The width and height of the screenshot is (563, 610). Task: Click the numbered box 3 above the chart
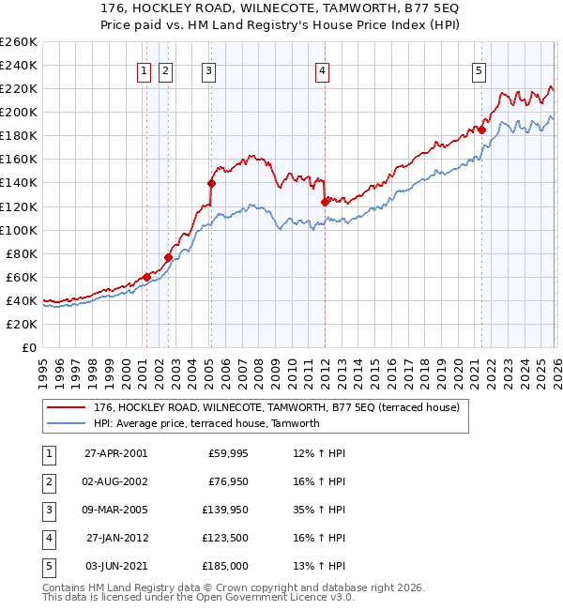point(207,69)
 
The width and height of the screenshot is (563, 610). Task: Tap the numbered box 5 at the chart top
point(479,69)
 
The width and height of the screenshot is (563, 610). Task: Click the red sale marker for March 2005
point(210,182)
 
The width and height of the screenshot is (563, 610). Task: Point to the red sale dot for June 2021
point(481,130)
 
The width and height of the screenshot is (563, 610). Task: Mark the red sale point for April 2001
point(147,277)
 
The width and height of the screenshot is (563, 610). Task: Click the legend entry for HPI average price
point(206,423)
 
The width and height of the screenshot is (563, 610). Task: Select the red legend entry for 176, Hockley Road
point(276,407)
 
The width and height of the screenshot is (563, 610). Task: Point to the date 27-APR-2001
point(115,452)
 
